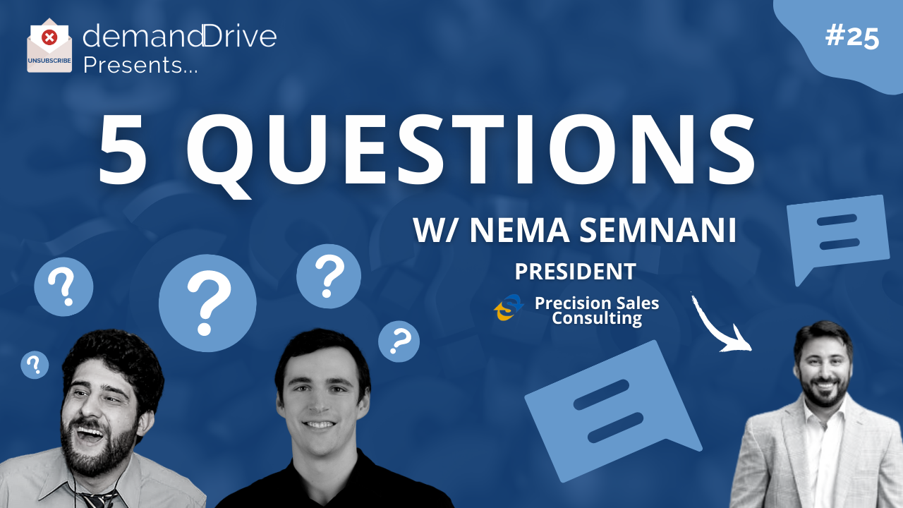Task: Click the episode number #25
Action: point(852,37)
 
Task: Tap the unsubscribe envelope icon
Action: point(49,46)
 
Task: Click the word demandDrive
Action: point(179,35)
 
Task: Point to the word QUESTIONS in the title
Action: point(471,155)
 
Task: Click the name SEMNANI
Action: point(658,230)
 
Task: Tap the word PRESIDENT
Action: point(575,272)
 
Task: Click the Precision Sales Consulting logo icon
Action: point(509,307)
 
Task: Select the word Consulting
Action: point(597,318)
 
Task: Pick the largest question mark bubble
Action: point(207,303)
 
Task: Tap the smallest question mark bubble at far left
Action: point(35,365)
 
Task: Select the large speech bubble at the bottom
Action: point(613,411)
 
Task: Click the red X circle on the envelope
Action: point(49,38)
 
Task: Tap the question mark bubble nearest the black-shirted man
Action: point(399,341)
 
